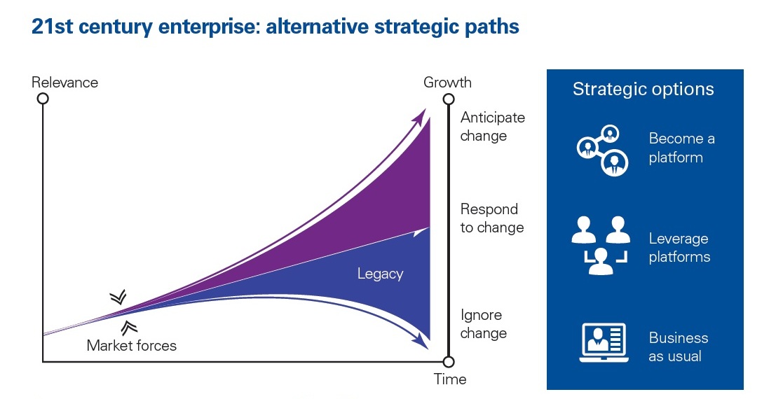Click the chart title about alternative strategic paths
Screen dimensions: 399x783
point(275,27)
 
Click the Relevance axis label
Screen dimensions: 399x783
point(64,83)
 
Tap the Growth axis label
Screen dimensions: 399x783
point(447,83)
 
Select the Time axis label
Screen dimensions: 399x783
point(450,379)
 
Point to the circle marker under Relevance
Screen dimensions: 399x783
point(43,99)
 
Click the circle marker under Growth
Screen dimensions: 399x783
point(449,99)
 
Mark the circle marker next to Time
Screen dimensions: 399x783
point(449,362)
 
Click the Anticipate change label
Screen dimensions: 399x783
point(492,127)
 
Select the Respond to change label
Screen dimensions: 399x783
point(491,218)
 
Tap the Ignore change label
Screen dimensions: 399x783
point(483,324)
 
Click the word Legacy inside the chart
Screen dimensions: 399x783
point(380,274)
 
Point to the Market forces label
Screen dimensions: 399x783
point(132,345)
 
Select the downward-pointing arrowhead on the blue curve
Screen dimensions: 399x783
point(421,342)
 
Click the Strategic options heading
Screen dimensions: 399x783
point(643,90)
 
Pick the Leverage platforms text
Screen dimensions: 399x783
point(679,248)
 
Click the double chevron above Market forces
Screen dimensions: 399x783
point(118,297)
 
